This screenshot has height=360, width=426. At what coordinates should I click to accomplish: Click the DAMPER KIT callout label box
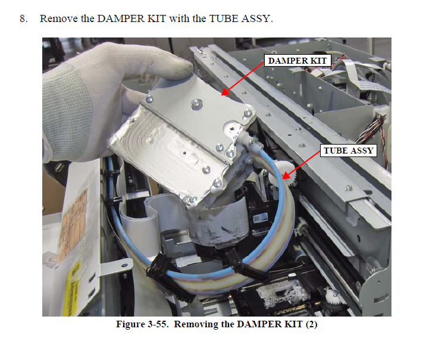[297, 61]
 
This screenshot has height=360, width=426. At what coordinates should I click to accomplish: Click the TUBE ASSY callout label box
[349, 151]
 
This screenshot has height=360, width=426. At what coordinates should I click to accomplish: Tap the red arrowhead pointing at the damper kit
[225, 92]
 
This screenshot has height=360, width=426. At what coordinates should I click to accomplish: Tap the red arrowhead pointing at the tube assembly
[286, 176]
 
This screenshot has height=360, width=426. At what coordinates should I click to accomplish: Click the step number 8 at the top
[23, 19]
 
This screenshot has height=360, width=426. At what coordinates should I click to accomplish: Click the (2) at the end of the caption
[311, 324]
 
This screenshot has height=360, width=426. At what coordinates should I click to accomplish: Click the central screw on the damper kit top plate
[196, 104]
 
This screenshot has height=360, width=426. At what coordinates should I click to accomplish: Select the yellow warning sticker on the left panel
[73, 288]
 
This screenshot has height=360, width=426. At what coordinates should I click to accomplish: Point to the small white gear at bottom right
[331, 296]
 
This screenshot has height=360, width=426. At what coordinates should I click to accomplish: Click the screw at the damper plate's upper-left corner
[149, 99]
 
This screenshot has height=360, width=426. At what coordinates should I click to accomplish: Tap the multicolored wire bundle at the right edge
[374, 128]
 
